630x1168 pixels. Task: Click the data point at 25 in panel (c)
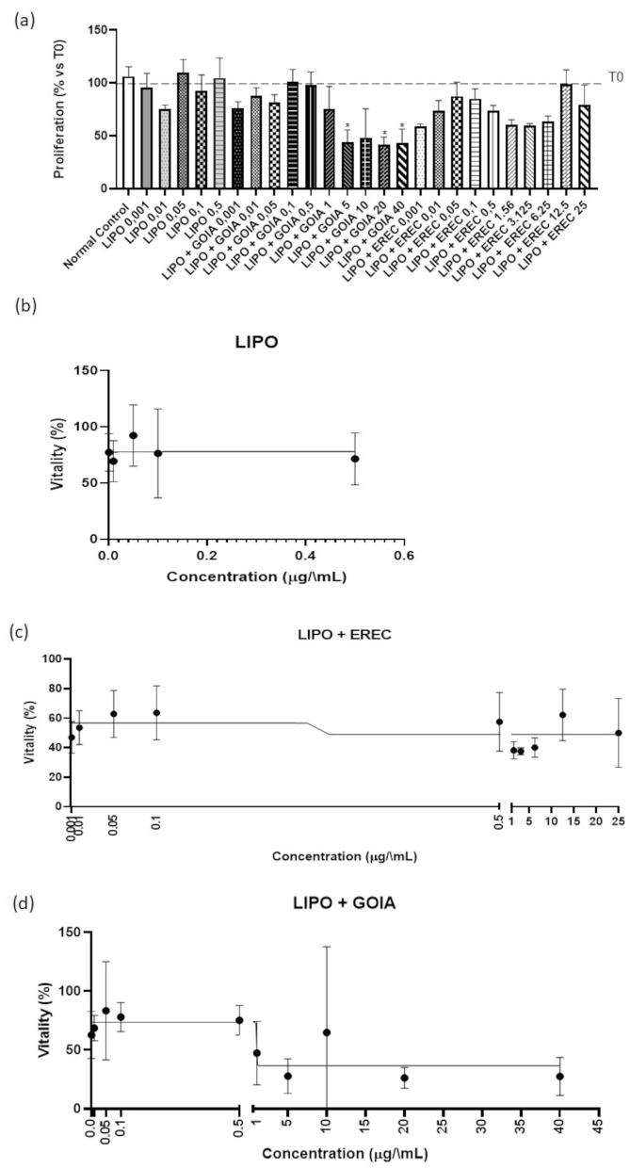pos(618,733)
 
